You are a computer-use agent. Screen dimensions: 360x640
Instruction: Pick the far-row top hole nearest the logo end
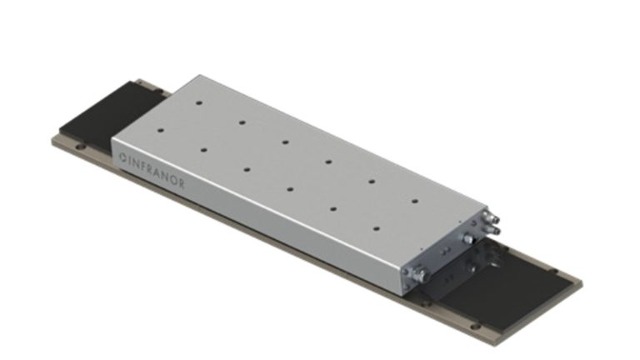199,103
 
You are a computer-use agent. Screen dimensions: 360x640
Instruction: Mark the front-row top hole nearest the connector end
377,227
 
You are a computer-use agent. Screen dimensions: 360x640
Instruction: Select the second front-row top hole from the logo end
247,169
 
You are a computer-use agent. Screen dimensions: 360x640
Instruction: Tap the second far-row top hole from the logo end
242,122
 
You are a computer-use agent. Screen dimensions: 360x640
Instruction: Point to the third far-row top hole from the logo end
284,142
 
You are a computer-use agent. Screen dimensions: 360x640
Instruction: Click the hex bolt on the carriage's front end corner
417,272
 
